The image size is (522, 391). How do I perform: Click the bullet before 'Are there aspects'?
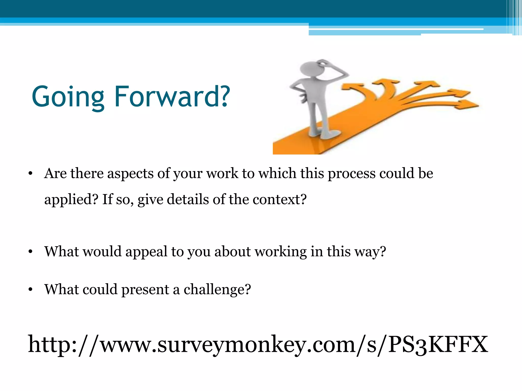[x=31, y=174]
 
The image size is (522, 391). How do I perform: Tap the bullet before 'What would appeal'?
[x=31, y=252]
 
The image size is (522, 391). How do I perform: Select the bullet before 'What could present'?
[x=31, y=290]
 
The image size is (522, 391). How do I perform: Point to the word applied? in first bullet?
[x=71, y=200]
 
